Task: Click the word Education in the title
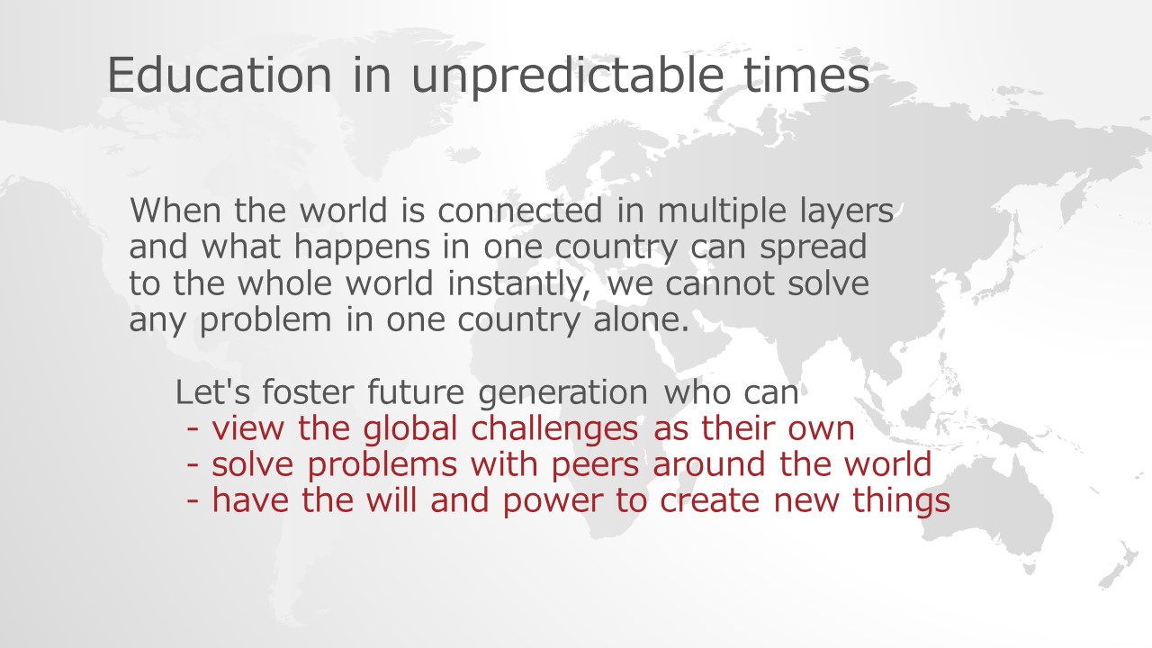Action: [220, 75]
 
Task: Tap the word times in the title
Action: [806, 76]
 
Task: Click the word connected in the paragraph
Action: [520, 211]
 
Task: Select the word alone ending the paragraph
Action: [641, 319]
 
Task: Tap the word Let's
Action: [213, 391]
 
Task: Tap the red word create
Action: [710, 501]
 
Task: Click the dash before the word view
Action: [193, 429]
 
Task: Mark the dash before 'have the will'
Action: [193, 501]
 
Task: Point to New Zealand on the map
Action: [1121, 566]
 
